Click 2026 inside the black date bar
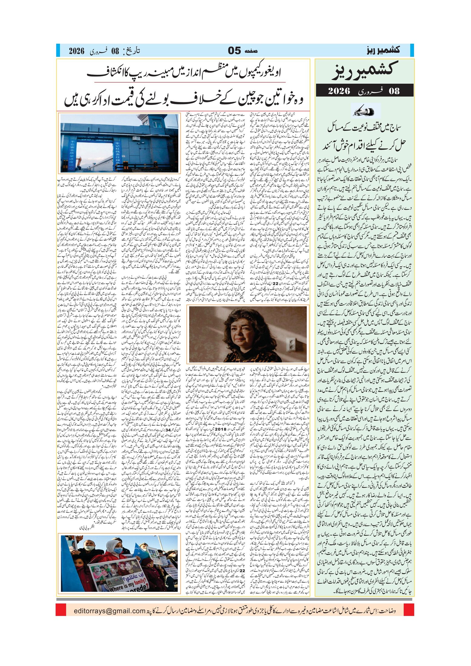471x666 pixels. point(339,91)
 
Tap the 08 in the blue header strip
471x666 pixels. point(115,51)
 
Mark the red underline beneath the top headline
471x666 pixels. point(190,82)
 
